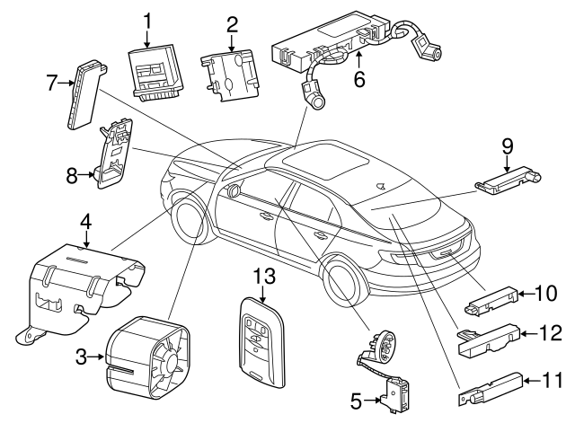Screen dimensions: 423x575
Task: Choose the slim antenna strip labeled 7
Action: [x=83, y=95]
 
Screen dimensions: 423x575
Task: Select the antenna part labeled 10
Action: [x=491, y=299]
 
